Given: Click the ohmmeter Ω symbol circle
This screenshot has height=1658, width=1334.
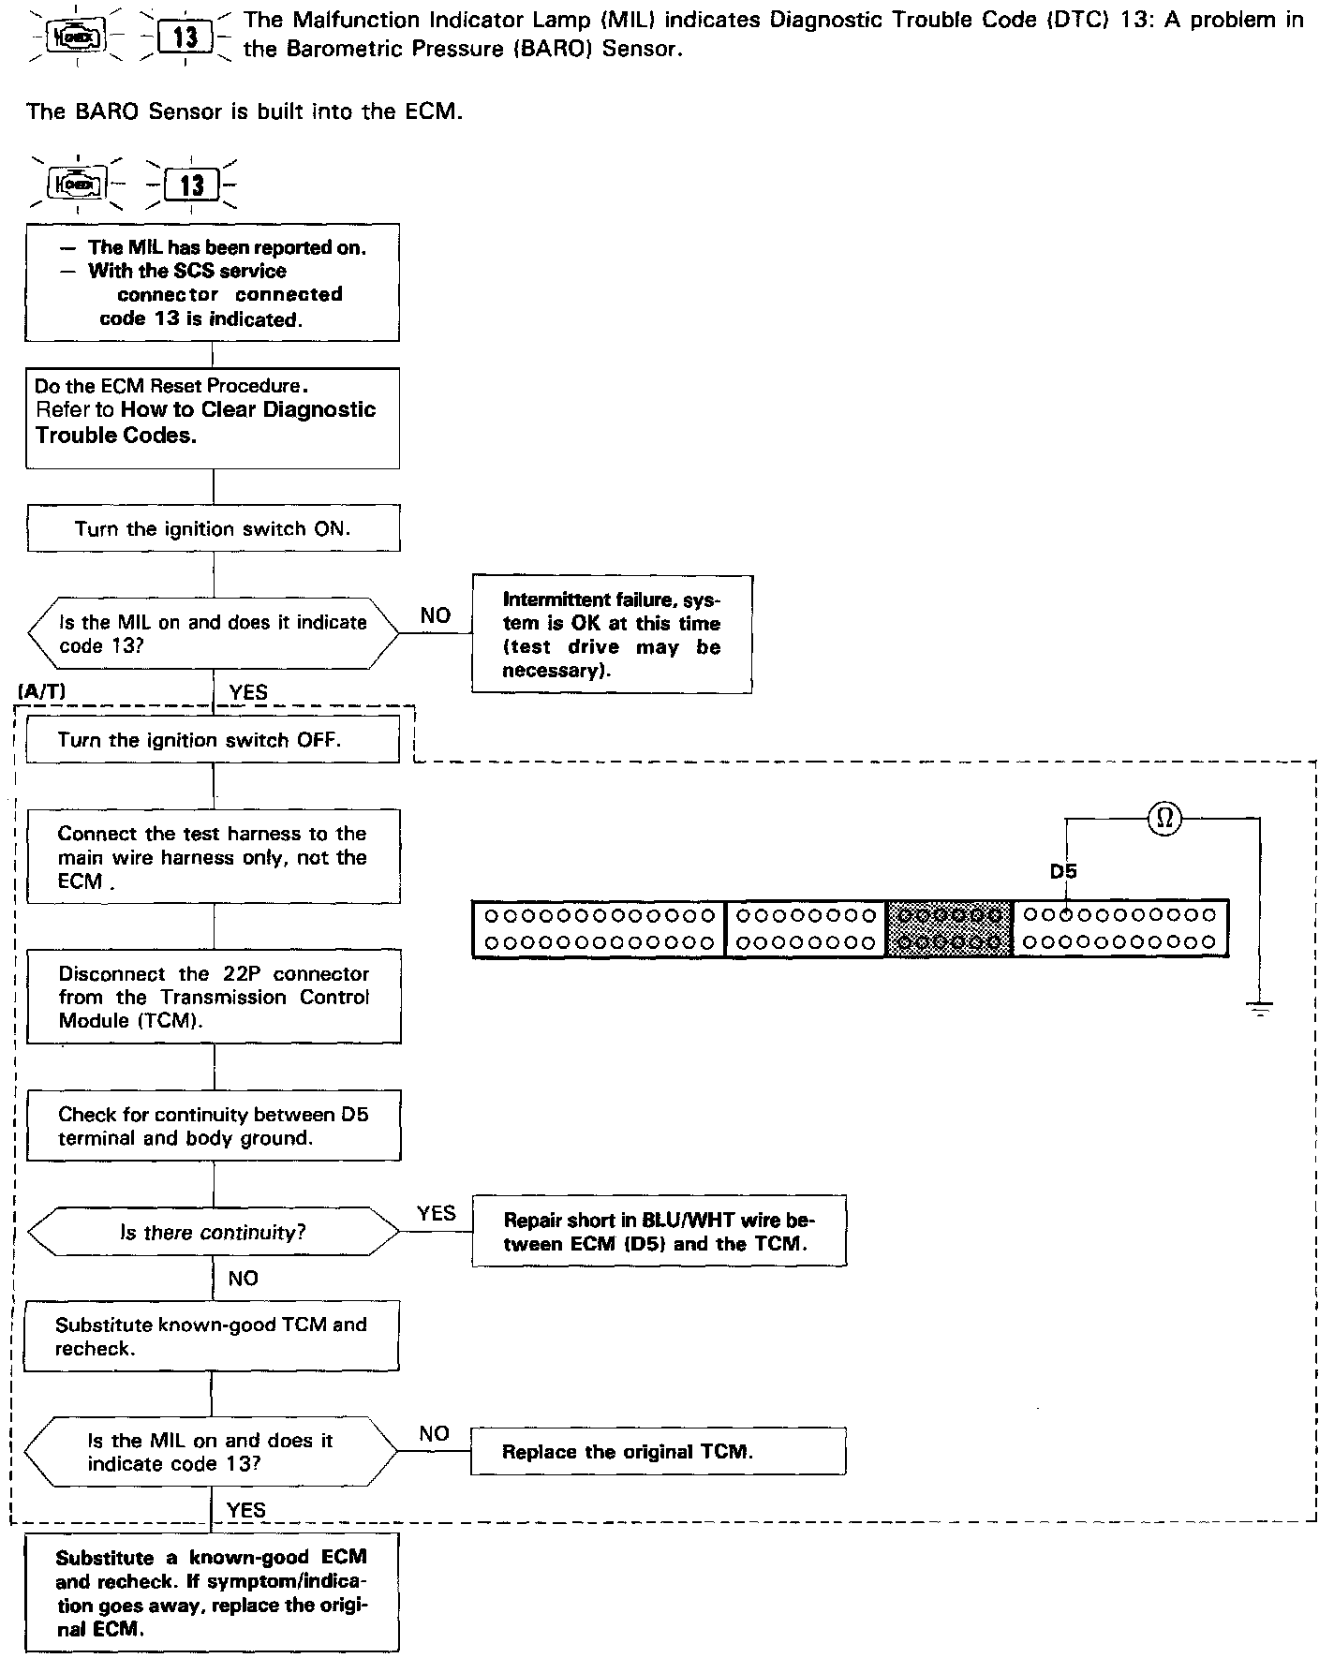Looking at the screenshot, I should (x=1164, y=818).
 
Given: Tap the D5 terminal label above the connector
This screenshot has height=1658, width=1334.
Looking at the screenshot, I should (x=1062, y=872).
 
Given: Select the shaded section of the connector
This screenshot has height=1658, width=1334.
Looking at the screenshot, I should (x=949, y=928).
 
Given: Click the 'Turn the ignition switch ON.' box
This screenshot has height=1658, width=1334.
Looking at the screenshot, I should (x=214, y=529).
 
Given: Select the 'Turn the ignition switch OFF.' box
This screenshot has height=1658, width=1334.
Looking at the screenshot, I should (x=214, y=740).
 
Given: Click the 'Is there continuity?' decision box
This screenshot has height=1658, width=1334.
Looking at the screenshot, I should (x=214, y=1233).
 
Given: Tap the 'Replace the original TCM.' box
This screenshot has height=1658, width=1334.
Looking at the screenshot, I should (x=658, y=1452).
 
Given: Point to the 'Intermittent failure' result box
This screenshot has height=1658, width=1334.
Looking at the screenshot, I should (x=612, y=634).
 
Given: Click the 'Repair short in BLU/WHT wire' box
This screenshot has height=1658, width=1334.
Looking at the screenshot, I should (x=659, y=1232).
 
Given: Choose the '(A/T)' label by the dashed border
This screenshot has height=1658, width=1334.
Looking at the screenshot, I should (x=41, y=691).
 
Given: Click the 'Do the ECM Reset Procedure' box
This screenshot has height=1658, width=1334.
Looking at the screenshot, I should (x=214, y=418).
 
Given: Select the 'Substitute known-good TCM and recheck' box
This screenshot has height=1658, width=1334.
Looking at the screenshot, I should (x=212, y=1337).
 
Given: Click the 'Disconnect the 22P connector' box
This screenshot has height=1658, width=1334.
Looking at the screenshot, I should (x=214, y=997).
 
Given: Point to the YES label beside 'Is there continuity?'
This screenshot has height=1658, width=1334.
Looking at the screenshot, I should (x=436, y=1213).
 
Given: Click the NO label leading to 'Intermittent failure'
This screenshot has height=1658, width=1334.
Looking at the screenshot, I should (x=436, y=615).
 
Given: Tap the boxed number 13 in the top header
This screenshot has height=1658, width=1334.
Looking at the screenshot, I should (x=186, y=37).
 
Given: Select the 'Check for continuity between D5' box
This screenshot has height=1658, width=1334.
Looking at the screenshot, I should (x=214, y=1126).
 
